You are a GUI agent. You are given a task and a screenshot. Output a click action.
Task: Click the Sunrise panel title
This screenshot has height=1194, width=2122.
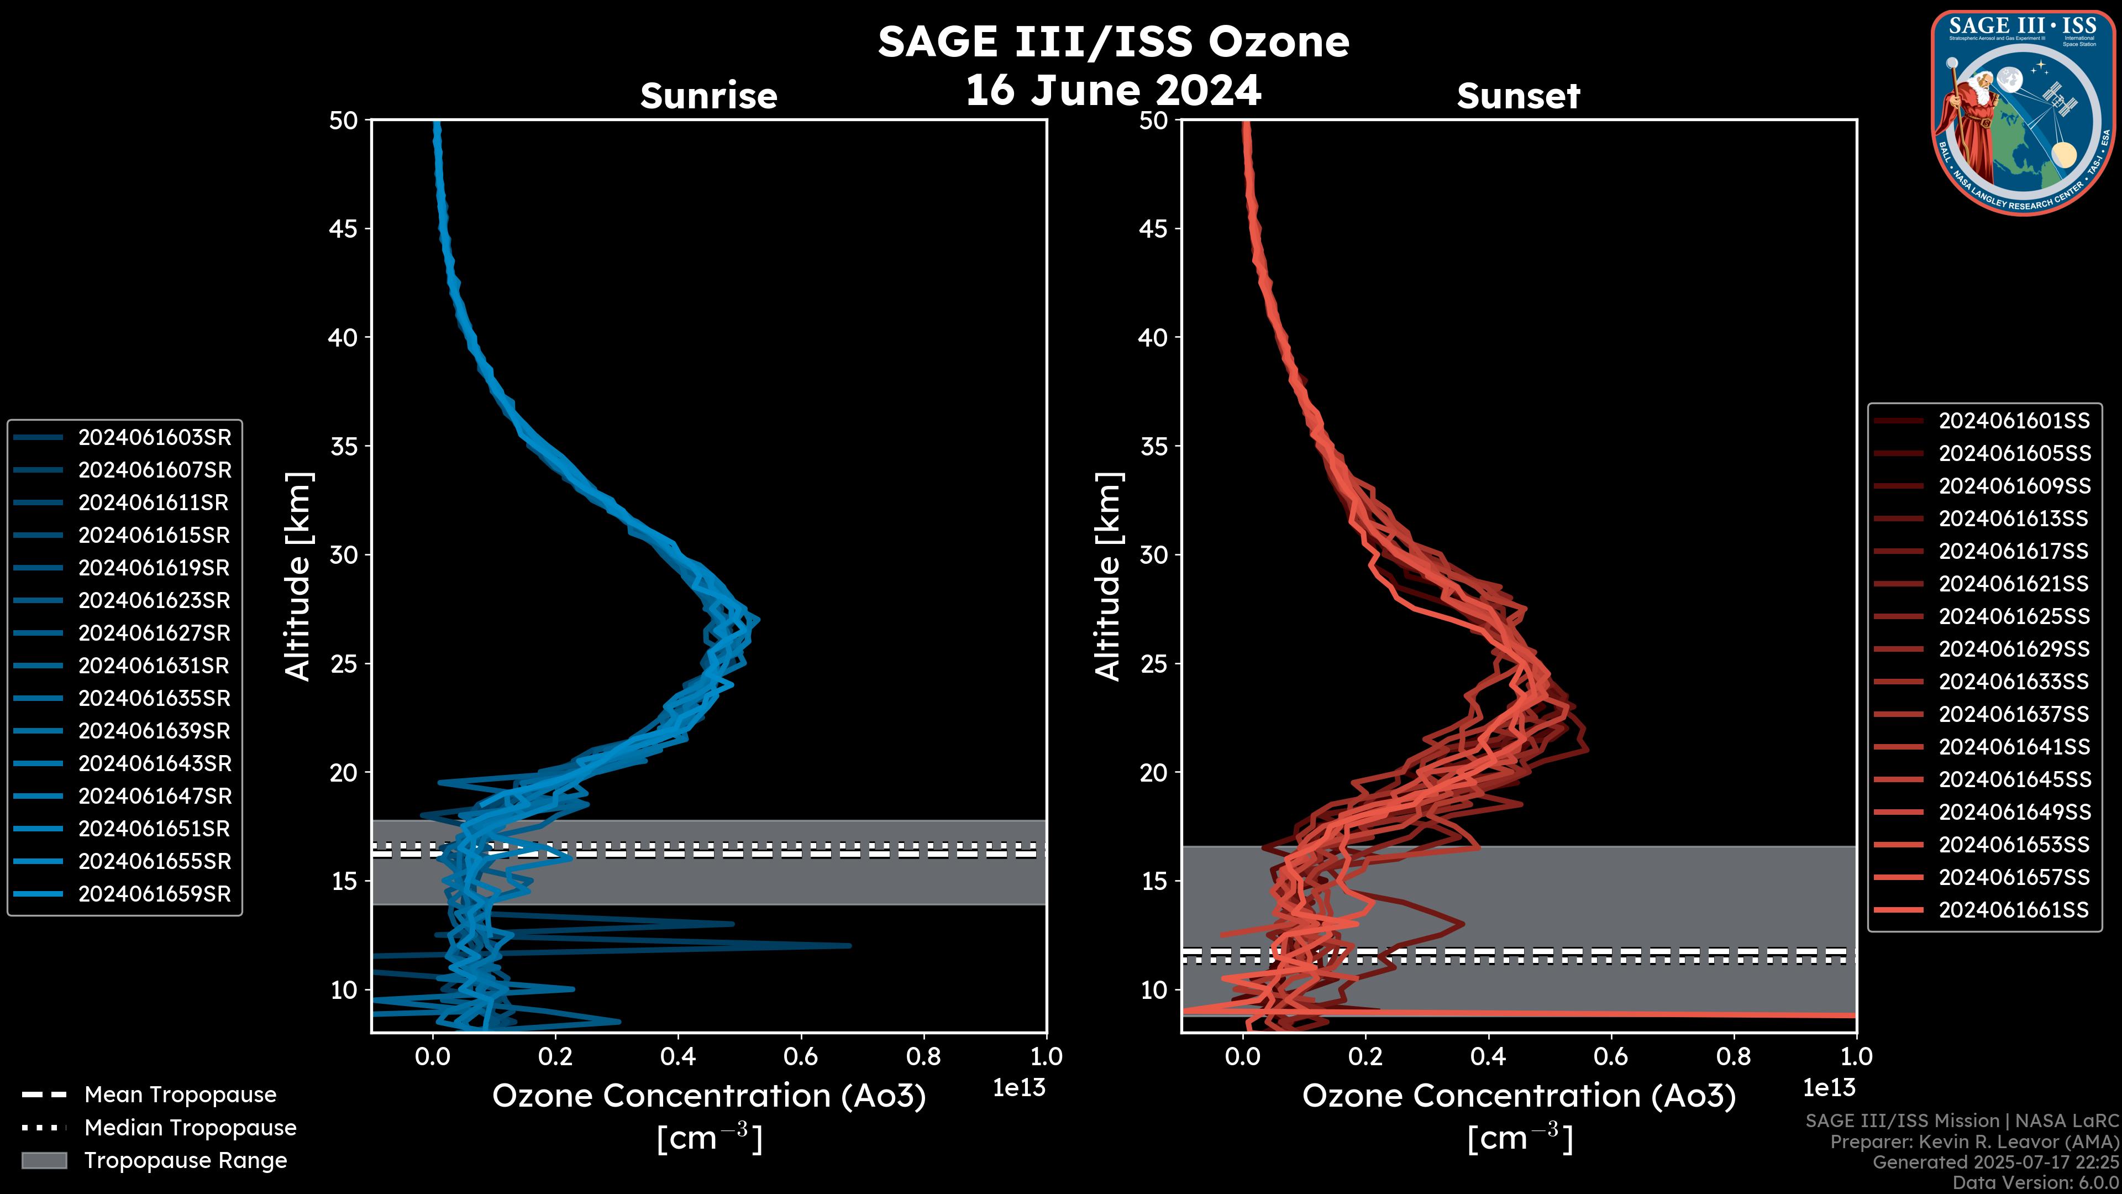[708, 96]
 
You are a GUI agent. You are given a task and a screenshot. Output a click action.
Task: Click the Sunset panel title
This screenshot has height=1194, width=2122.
[1518, 96]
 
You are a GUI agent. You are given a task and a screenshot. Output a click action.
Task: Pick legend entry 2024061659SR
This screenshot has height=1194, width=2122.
[154, 894]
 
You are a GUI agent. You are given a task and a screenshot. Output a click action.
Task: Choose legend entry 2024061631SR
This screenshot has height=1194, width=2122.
[154, 665]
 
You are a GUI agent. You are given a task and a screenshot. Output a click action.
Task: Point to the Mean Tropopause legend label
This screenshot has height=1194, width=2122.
[180, 1094]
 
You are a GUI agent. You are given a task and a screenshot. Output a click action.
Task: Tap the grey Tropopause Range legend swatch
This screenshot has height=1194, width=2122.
[44, 1160]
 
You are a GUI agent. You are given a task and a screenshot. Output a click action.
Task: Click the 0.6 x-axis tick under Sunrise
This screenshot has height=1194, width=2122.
[801, 1056]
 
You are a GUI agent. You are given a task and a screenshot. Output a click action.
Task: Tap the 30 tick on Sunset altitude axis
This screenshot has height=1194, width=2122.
[1153, 554]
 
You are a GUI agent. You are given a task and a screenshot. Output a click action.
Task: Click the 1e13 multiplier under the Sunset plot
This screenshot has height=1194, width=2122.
[1829, 1088]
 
